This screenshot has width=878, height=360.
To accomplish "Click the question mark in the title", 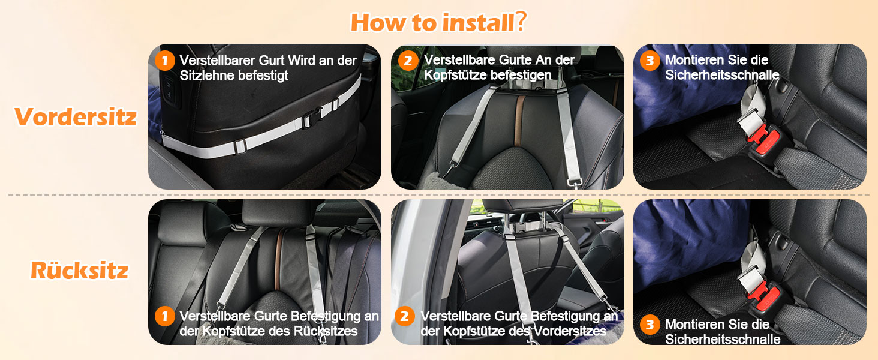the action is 521,21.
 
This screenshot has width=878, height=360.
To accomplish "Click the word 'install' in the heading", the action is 477,22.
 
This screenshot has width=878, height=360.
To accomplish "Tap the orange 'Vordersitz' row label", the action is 76,117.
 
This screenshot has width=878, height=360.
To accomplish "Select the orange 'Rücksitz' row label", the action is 80,270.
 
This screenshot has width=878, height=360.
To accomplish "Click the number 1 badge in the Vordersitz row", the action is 164,61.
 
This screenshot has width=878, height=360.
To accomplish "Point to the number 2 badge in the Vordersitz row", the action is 408,61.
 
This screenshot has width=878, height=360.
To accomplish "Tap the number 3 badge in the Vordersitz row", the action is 650,61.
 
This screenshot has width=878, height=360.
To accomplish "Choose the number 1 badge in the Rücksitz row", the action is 164,316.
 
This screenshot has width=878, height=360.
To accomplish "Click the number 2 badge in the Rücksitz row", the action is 404,316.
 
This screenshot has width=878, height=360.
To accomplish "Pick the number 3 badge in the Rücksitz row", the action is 650,325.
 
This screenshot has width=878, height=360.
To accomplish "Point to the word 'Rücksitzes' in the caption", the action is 326,331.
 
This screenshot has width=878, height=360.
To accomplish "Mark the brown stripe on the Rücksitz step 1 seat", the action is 279,259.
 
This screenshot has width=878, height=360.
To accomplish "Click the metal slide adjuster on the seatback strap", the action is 240,146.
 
